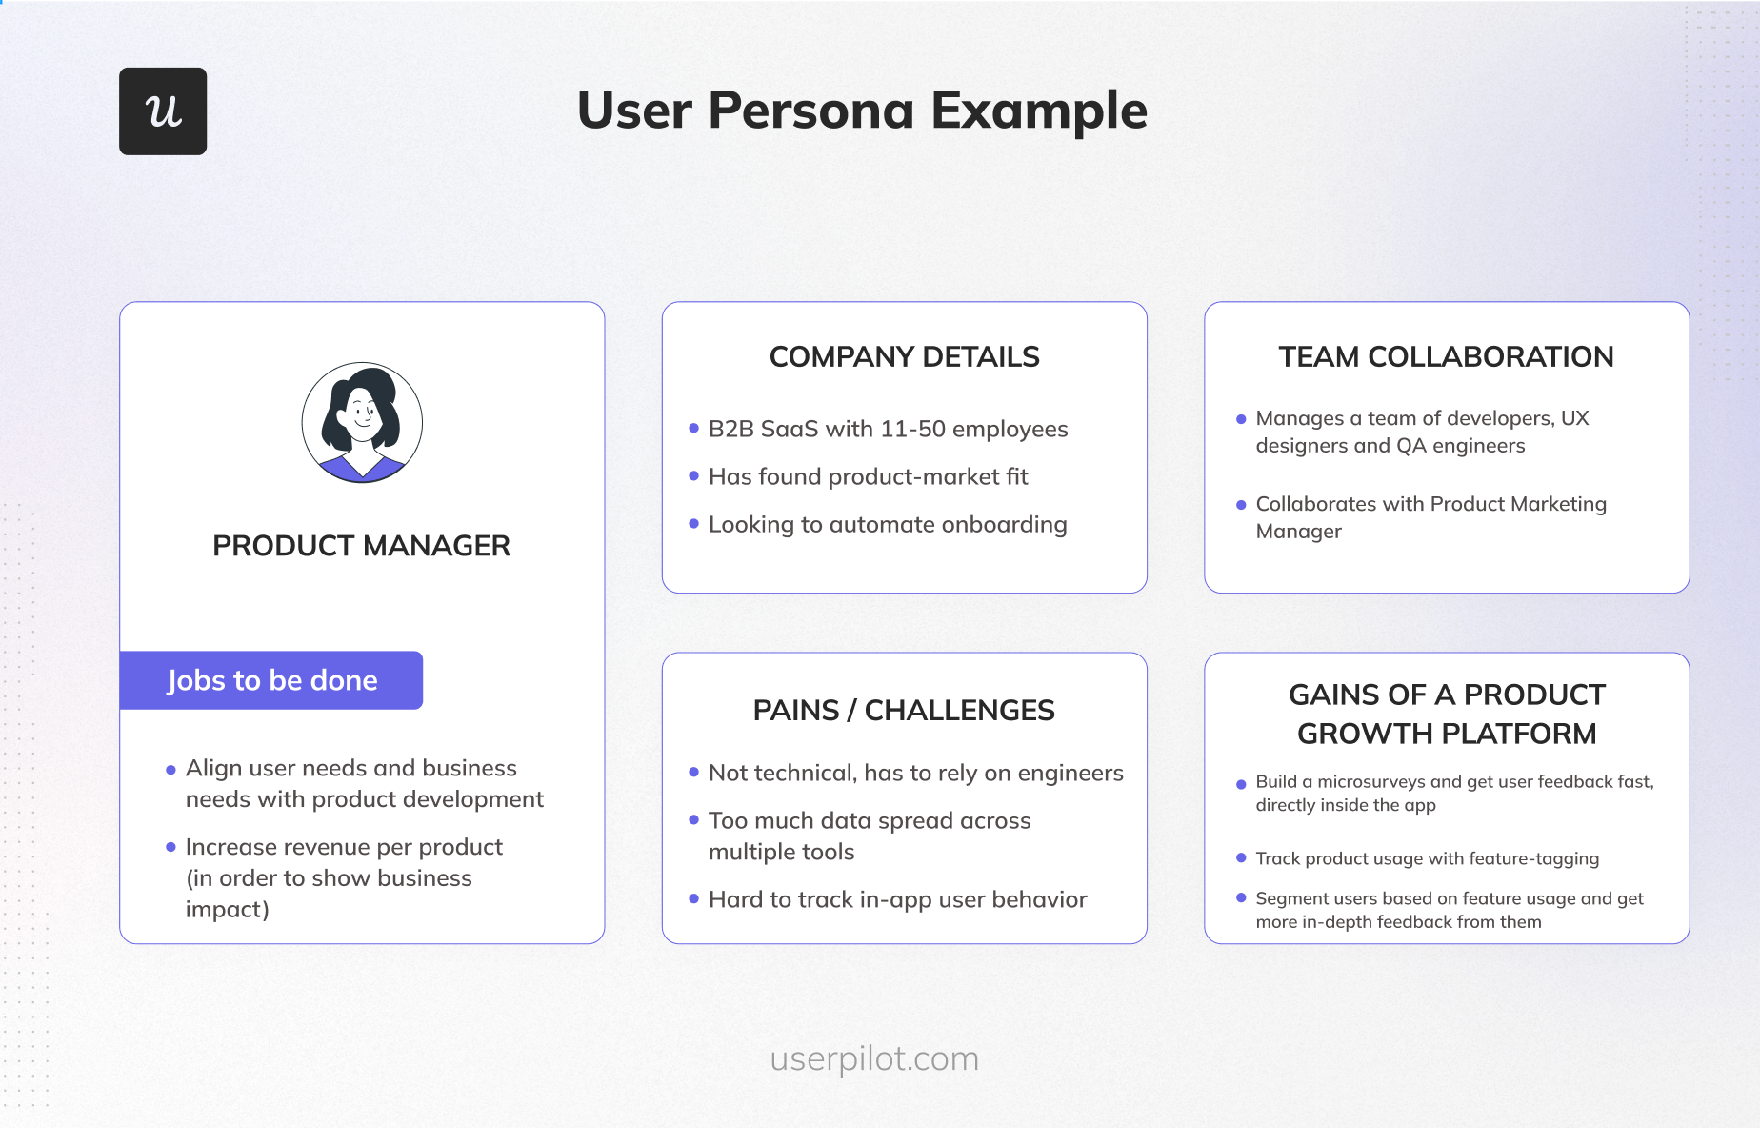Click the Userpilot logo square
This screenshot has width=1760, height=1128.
(163, 111)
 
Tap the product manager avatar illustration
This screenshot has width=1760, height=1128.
(362, 422)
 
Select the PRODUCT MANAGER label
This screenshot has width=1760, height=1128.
(361, 546)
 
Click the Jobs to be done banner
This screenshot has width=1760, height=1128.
(271, 680)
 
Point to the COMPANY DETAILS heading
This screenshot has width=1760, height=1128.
(904, 357)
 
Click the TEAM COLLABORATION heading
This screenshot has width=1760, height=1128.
(1446, 357)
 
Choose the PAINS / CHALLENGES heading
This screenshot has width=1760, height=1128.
(904, 711)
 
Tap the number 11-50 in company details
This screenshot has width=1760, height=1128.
(912, 430)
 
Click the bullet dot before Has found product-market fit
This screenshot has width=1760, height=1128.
(694, 476)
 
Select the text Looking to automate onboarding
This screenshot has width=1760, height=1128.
(887, 525)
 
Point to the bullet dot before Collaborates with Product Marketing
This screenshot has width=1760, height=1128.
(1241, 505)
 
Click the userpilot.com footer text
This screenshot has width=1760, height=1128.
(874, 1059)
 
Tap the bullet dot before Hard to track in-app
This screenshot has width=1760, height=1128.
(694, 898)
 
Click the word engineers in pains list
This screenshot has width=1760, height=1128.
(1070, 774)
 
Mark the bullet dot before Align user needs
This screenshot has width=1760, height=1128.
(171, 770)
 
